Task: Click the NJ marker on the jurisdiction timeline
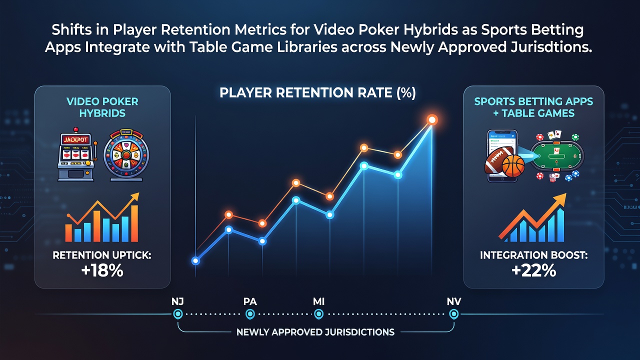[x=177, y=314]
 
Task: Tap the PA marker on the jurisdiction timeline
[x=250, y=314]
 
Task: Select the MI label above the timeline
[x=318, y=301]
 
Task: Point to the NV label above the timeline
[x=453, y=301]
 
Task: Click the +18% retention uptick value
[x=102, y=270]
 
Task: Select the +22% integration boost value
[x=533, y=270]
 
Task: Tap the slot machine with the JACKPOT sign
[x=77, y=155]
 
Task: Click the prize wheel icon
[x=126, y=155]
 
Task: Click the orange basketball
[x=513, y=166]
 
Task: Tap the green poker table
[x=556, y=156]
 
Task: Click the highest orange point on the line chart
[x=432, y=119]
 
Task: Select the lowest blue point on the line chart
[x=195, y=260]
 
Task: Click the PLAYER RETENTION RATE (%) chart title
[x=317, y=93]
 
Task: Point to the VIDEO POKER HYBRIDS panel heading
[x=102, y=107]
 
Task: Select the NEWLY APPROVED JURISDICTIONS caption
[x=315, y=332]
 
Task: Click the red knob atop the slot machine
[x=75, y=130]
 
